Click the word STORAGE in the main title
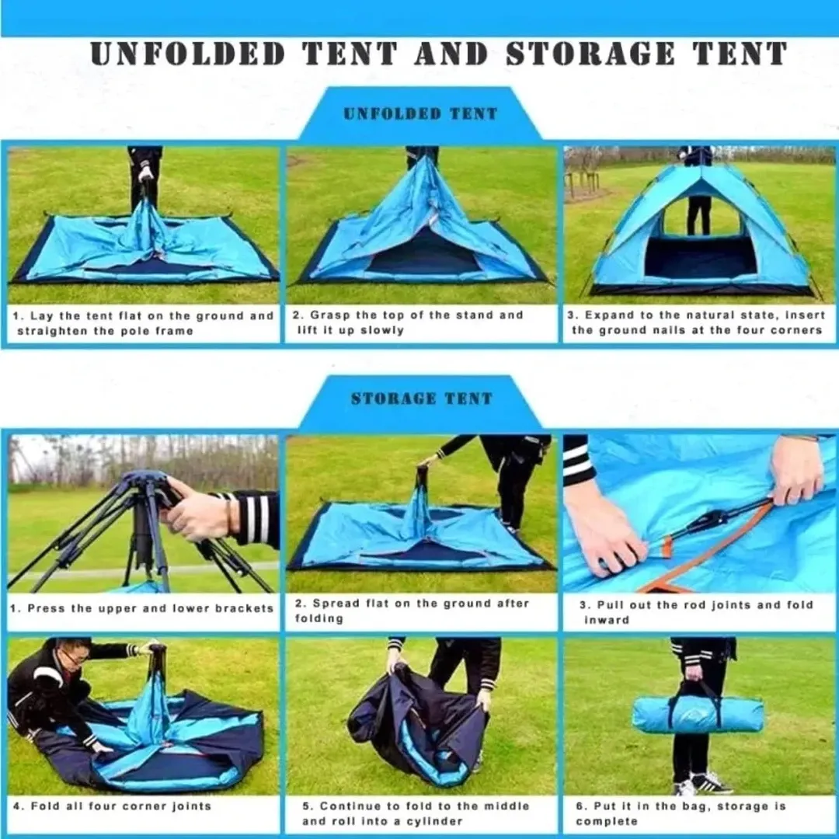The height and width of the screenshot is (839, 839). click(590, 54)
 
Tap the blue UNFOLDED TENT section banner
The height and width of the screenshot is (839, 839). click(420, 113)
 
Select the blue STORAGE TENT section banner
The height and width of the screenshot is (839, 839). click(421, 399)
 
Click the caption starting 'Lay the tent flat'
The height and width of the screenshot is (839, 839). click(144, 323)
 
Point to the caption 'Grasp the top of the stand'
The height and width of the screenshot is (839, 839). click(408, 322)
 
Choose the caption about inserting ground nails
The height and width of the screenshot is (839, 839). click(697, 322)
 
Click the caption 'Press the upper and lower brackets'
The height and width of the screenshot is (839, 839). click(142, 608)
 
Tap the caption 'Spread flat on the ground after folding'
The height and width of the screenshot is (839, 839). click(412, 611)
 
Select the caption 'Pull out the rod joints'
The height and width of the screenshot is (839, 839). click(696, 612)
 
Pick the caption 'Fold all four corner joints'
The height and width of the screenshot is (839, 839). click(112, 806)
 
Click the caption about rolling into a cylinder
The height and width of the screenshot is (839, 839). click(416, 813)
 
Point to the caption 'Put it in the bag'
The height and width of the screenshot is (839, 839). click(681, 813)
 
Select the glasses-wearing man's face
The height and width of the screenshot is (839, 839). click(75, 658)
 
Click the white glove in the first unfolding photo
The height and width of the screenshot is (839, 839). click(145, 174)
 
